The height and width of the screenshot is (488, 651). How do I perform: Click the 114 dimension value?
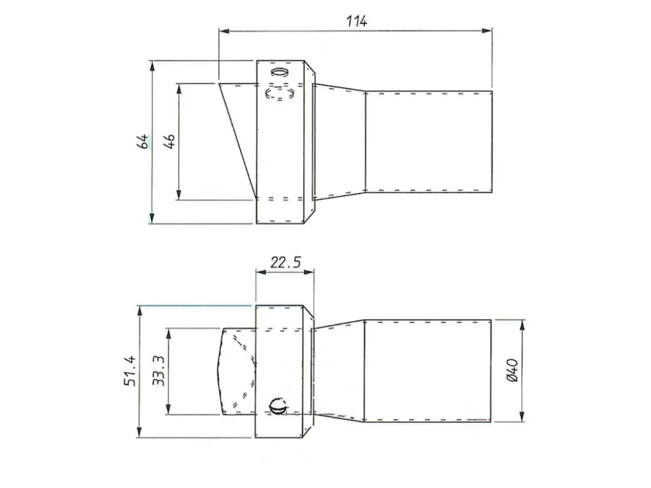[357, 21]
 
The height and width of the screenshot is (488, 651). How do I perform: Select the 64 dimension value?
[142, 141]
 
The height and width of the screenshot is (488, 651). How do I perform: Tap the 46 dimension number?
[169, 141]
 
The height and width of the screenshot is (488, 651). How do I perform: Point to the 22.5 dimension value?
[285, 262]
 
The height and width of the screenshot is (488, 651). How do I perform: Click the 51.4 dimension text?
[130, 371]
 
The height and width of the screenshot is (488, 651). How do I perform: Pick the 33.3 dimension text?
[158, 371]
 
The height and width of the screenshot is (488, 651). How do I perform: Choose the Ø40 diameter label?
[512, 370]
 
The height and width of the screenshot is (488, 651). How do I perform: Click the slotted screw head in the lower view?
[278, 407]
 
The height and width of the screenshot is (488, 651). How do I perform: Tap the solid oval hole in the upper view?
[280, 72]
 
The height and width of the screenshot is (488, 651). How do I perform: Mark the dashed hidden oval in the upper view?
[280, 92]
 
